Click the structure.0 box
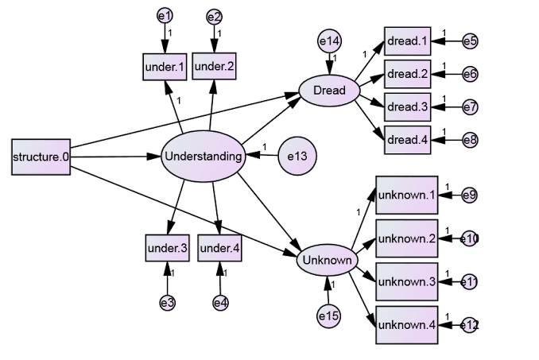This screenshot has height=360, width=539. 41,157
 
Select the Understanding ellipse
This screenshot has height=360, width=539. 204,157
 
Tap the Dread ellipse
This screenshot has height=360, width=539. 329,91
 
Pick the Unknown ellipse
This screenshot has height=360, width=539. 327,260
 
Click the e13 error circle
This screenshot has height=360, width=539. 297,157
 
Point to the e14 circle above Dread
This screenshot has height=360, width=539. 329,41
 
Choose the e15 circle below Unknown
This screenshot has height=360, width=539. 329,315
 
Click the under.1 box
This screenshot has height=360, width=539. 165,67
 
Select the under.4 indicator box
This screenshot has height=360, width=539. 219,248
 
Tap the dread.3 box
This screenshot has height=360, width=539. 407,106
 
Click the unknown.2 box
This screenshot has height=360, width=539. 407,238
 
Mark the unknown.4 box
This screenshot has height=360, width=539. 407,325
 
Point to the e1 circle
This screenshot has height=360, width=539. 165,16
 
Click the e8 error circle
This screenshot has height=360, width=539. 471,140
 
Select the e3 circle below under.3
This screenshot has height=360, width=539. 168,303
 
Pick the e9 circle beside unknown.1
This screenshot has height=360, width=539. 469,195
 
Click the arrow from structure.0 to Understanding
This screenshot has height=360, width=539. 116,157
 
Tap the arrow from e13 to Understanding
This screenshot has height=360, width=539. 262,155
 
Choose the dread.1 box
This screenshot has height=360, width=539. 407,41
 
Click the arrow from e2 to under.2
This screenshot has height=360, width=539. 214,38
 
